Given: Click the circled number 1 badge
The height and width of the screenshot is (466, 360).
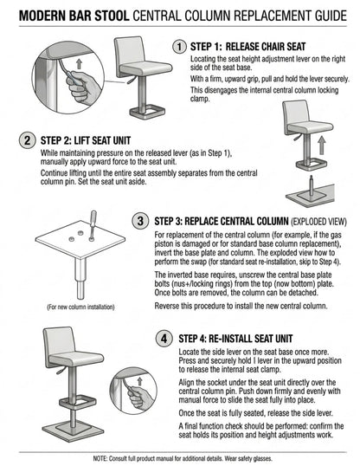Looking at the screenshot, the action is point(179,47).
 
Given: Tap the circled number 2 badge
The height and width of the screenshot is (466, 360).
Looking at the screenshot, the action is point(27,140).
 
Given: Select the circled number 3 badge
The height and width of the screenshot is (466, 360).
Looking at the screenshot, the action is point(140,221).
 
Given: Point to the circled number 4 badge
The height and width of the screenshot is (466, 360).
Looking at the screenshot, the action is point(164,339).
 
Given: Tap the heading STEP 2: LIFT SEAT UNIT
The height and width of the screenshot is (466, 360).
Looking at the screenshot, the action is point(86,140).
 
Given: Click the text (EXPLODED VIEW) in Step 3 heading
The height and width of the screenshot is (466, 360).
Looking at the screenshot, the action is point(318,222).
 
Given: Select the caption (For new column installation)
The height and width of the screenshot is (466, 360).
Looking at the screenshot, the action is point(80,307).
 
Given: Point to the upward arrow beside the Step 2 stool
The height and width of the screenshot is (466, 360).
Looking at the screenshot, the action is point(321,145).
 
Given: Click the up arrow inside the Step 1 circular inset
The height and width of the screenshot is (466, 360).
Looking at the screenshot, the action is point(79,63).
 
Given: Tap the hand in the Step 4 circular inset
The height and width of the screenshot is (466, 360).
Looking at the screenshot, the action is point(139,397).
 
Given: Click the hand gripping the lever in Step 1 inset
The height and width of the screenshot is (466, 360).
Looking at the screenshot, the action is point(81,88).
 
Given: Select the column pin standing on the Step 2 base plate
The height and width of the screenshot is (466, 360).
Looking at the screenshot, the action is point(311,185).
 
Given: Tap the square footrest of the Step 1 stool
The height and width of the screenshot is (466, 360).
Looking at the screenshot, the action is point(147,112).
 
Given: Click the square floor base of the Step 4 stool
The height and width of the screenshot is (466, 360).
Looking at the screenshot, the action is point(70,430).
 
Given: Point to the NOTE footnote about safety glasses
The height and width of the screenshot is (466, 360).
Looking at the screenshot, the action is point(183,458).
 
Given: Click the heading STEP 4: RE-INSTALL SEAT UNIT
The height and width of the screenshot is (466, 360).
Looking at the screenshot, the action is point(235,339).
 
